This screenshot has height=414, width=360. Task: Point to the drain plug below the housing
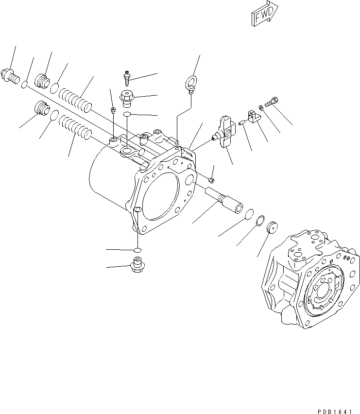137,266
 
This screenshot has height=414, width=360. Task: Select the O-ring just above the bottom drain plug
137,250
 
